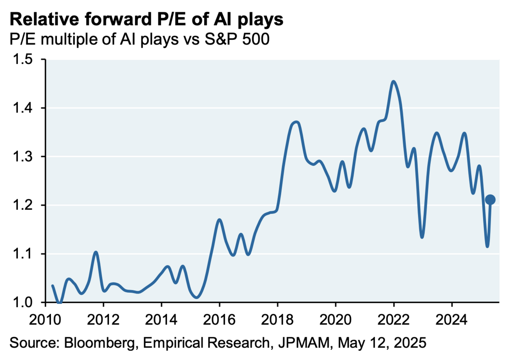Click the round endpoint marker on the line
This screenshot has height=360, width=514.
pos(490,200)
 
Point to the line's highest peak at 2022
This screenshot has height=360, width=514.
pos(393,82)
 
